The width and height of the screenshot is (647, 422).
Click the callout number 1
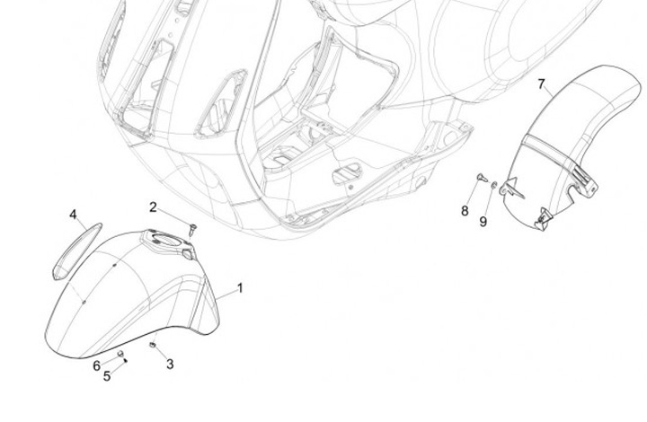[x=240, y=288]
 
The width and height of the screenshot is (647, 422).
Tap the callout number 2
[x=153, y=207]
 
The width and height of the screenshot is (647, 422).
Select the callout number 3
[x=170, y=365]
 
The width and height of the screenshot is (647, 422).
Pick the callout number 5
[x=107, y=375]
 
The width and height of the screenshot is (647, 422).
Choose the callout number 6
[x=96, y=365]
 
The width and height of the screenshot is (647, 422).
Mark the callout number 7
[x=541, y=85]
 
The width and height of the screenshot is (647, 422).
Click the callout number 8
[x=465, y=211]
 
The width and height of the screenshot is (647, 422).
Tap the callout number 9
[x=483, y=221]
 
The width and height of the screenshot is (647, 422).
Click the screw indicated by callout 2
[x=192, y=224]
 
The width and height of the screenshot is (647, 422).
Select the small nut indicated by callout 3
[x=154, y=344]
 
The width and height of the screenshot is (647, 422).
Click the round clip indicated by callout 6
[x=120, y=355]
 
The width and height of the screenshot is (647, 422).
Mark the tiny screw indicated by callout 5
[x=126, y=361]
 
